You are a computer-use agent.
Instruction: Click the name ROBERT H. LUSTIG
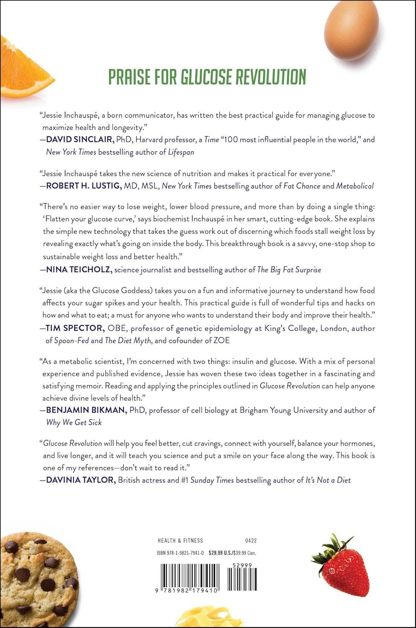(x=83, y=185)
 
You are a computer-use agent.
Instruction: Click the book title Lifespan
(x=181, y=152)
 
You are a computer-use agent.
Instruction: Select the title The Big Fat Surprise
(x=289, y=270)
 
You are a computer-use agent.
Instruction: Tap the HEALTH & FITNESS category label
(x=180, y=540)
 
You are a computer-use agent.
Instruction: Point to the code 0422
(x=251, y=540)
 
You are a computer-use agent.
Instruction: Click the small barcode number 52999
(x=241, y=565)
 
